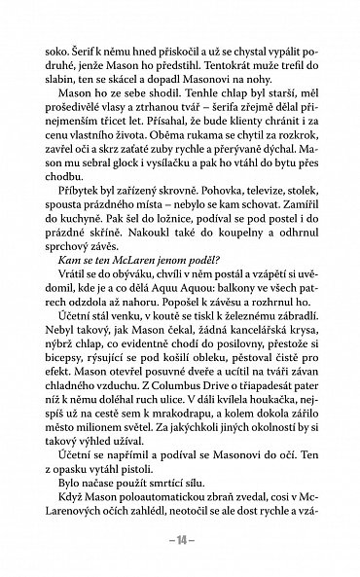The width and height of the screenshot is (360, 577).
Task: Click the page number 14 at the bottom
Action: tap(179, 552)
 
